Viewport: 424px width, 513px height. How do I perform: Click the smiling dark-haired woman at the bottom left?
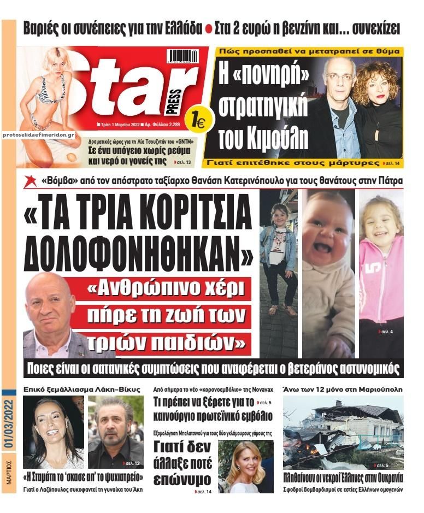[x=52, y=432]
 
